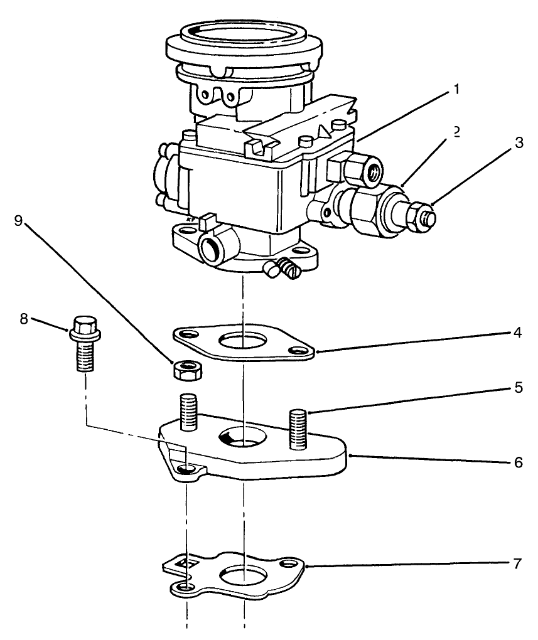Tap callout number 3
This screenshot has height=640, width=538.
pyautogui.click(x=518, y=143)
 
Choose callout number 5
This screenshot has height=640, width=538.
pyautogui.click(x=518, y=388)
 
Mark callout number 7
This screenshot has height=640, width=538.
pyautogui.click(x=517, y=563)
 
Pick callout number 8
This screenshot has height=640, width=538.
pyautogui.click(x=24, y=319)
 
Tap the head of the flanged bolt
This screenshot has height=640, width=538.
pyautogui.click(x=82, y=326)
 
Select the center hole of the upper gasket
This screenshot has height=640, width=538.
pyautogui.click(x=242, y=341)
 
